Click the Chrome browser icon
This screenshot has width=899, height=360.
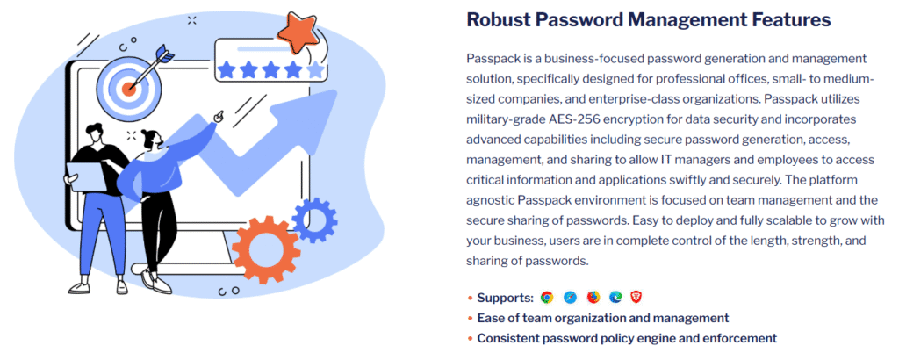547,298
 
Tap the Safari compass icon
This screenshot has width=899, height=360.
570,298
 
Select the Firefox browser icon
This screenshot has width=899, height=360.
593,298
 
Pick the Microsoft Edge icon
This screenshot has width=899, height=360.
615,298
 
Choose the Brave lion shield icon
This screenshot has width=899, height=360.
636,298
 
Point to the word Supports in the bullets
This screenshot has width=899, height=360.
505,298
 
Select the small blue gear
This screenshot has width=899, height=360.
313,220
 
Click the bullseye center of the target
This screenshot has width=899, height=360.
128,87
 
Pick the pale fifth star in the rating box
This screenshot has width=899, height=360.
315,69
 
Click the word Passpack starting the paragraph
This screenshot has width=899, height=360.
493,58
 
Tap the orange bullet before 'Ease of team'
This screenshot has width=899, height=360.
471,318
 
